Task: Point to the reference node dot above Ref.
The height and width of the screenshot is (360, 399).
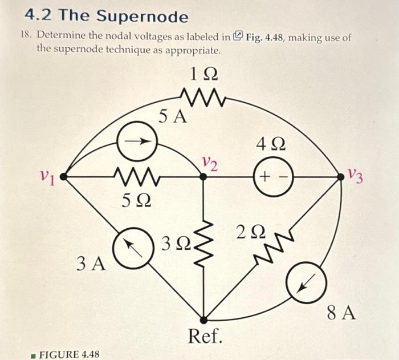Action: [x=204, y=319]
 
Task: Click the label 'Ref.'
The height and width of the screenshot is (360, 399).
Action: [x=205, y=337]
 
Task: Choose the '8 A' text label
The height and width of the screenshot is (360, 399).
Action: [x=341, y=313]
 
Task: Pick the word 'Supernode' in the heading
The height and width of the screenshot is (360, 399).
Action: [x=144, y=15]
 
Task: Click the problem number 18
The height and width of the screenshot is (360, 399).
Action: [x=25, y=36]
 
